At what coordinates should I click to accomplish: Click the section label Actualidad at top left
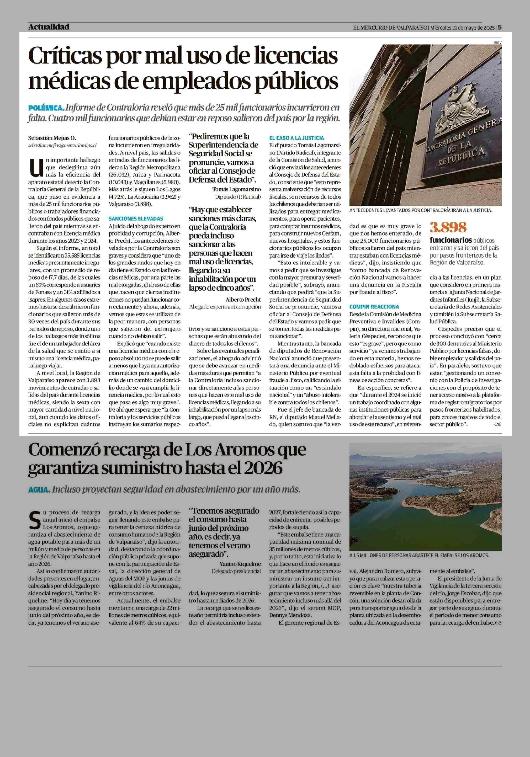point(49,27)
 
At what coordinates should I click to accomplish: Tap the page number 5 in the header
point(500,27)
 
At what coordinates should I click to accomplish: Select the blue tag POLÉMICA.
point(46,108)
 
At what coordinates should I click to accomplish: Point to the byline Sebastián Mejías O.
point(52,138)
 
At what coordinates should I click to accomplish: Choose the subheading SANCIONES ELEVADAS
point(136,218)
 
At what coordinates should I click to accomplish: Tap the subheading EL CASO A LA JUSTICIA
point(297,138)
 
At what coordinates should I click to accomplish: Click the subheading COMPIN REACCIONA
point(374,307)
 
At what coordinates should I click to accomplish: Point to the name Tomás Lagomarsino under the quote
point(237,189)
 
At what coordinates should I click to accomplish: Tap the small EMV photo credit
point(497,42)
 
